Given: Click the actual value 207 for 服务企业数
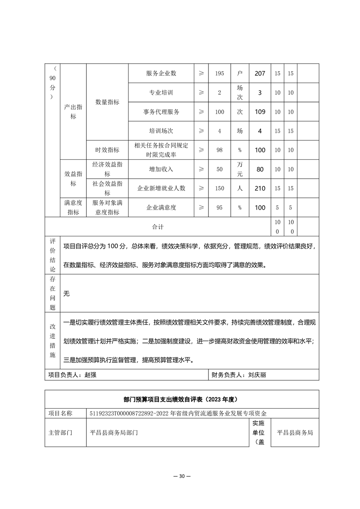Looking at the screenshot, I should (260, 73).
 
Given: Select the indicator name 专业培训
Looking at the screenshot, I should (161, 93).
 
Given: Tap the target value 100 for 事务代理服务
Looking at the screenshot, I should (219, 112).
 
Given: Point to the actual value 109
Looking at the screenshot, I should (260, 112).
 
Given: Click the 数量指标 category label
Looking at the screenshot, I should (107, 102).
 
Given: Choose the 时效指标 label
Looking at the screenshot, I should (107, 150).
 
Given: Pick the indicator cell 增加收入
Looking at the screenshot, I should (161, 169).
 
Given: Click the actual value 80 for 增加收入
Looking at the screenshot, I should (260, 169).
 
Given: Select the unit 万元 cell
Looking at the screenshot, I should (240, 169).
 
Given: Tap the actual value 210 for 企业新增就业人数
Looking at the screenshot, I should (260, 188).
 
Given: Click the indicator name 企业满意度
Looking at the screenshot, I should (161, 207).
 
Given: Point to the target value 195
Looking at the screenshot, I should (219, 73).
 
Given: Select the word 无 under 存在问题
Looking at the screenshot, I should (66, 294).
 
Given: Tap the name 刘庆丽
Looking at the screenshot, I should (259, 375).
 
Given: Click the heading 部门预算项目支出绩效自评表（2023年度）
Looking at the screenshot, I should (181, 400).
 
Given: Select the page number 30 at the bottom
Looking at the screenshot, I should (181, 476).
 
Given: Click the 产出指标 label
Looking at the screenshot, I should (73, 112).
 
